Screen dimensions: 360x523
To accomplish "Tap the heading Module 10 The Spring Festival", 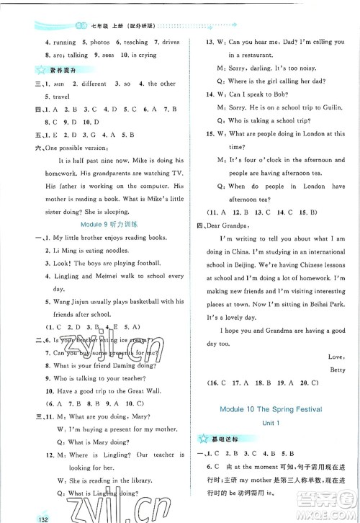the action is point(274,408).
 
